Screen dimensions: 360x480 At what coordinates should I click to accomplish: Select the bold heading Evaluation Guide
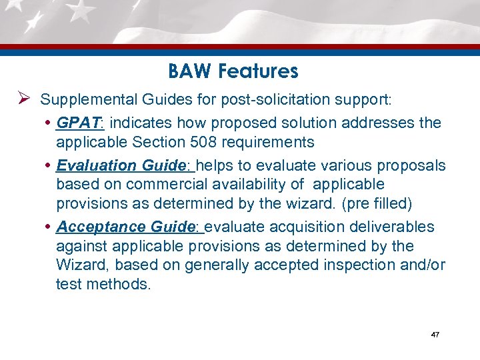tap(125, 165)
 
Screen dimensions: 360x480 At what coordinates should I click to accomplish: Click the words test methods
tap(103, 284)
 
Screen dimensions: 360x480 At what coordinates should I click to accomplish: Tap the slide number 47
tap(435, 334)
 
